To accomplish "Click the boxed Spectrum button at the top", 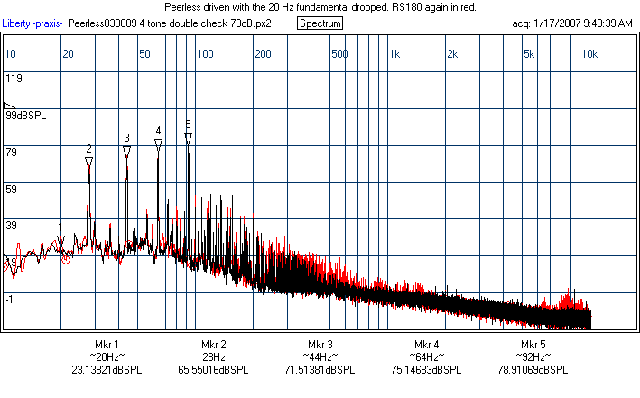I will coord(320,23).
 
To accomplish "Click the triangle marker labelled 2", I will coord(88,162).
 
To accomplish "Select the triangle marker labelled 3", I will coord(126,151).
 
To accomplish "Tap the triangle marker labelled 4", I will coord(158,143).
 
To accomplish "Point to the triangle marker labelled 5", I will coord(188,137).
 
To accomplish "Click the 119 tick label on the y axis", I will coord(14,79).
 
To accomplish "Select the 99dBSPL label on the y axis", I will coord(25,116).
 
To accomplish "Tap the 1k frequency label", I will coord(394,54).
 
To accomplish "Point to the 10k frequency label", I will coord(589,54).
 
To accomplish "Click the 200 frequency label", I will coord(263,54).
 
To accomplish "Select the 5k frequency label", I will coord(529,54).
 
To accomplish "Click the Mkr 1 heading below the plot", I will coord(107,345).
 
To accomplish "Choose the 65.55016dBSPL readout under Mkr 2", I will coord(214,370).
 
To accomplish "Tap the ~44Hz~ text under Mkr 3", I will coord(320,357).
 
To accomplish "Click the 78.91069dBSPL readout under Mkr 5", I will coord(533,370).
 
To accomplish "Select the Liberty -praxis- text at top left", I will coord(32,23).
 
